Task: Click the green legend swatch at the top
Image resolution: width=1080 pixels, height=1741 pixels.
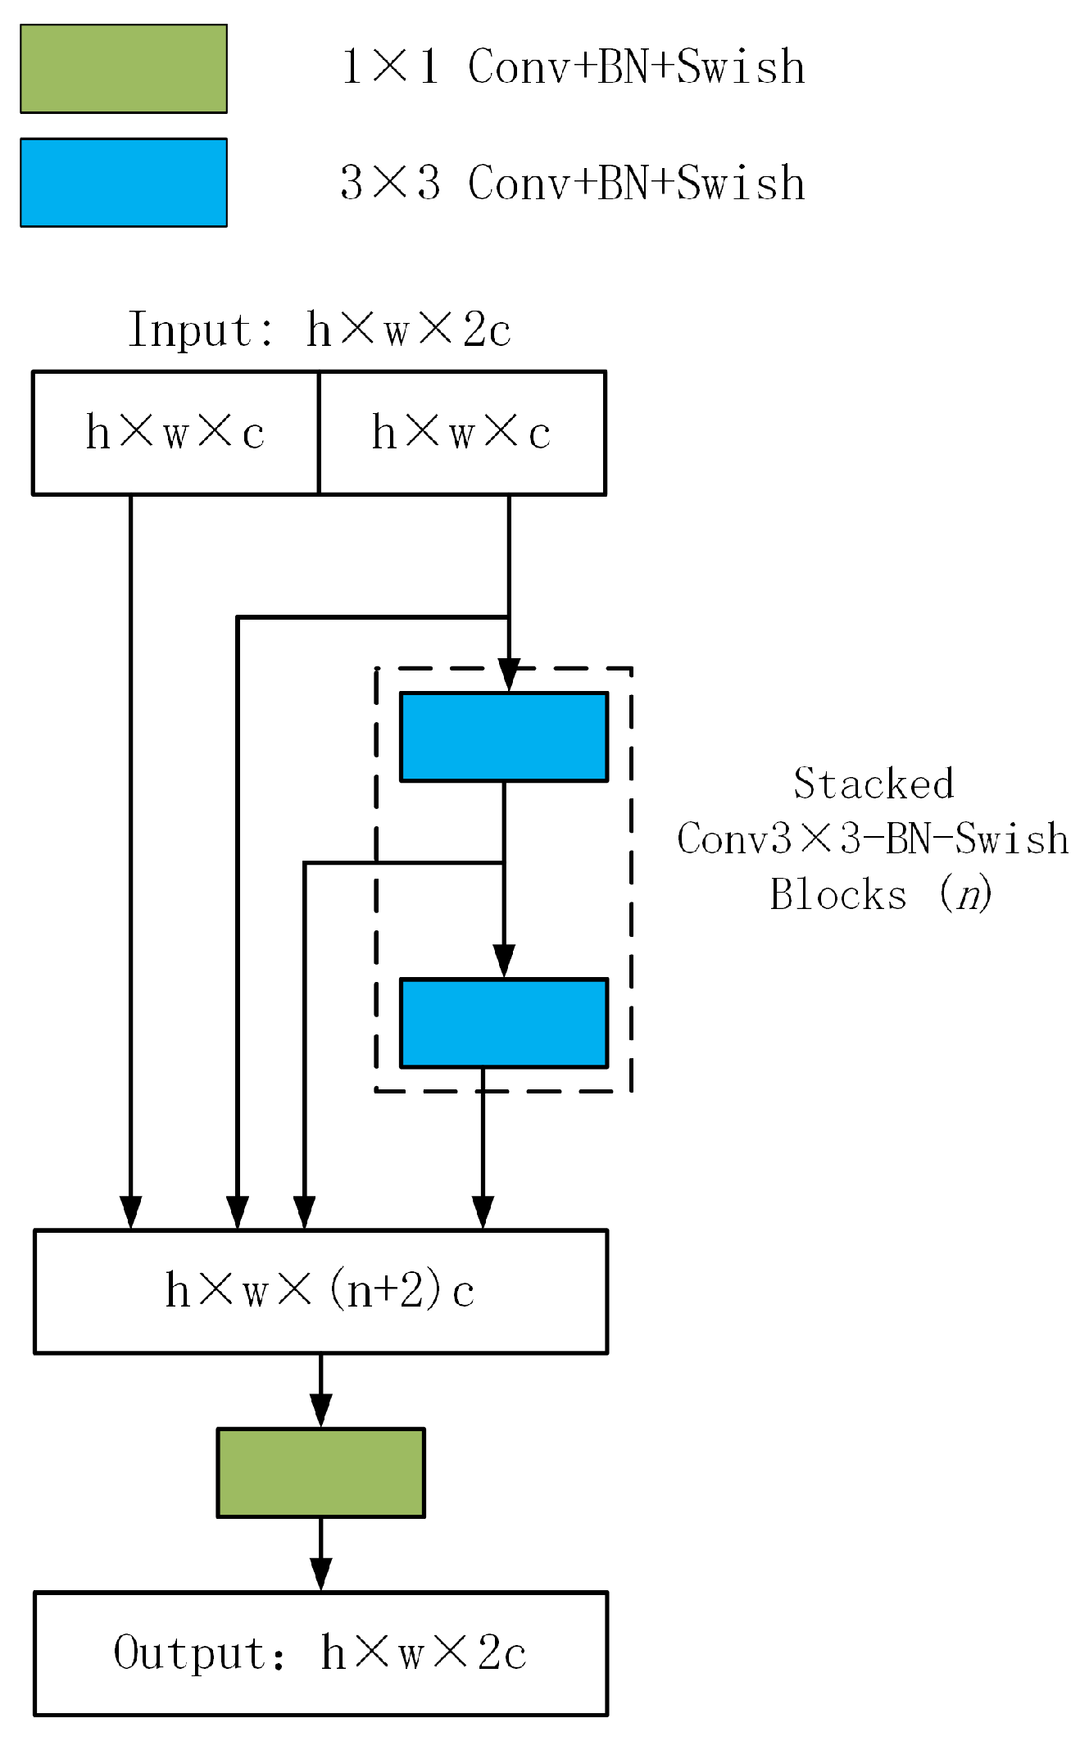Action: pyautogui.click(x=123, y=69)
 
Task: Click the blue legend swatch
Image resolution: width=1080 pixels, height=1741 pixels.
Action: pyautogui.click(x=123, y=182)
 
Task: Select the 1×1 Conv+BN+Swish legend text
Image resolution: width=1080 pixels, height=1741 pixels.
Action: pyautogui.click(x=572, y=67)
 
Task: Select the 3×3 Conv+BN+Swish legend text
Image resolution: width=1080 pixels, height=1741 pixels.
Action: pyautogui.click(x=572, y=182)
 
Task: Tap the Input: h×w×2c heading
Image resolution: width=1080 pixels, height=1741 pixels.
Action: pyautogui.click(x=320, y=330)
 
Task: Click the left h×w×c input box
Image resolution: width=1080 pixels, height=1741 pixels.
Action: pyautogui.click(x=175, y=433)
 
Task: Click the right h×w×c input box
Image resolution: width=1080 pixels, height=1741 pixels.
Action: pyautogui.click(x=461, y=433)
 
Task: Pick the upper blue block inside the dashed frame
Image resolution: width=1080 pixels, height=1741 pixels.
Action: pyautogui.click(x=503, y=736)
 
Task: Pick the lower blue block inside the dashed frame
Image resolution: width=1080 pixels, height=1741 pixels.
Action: pyautogui.click(x=503, y=1022)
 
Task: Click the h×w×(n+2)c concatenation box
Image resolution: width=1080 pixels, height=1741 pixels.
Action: pyautogui.click(x=320, y=1291)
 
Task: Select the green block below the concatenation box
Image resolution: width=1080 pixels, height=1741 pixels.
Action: pyautogui.click(x=320, y=1472)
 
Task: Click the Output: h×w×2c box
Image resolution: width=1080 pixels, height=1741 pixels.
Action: pyautogui.click(x=320, y=1652)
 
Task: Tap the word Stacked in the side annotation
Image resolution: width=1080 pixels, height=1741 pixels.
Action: pyautogui.click(x=874, y=784)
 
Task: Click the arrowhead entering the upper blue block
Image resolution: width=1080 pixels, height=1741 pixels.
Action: pyautogui.click(x=509, y=676)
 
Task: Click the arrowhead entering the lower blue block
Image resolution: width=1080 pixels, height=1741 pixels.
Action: pyautogui.click(x=503, y=961)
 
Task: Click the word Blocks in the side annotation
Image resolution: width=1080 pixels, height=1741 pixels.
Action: pyautogui.click(x=839, y=893)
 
